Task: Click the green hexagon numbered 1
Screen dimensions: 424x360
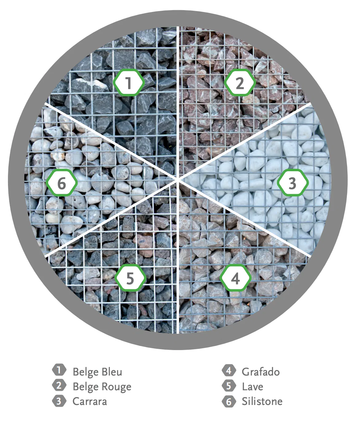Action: [129, 83]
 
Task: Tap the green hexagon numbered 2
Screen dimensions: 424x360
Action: [240, 83]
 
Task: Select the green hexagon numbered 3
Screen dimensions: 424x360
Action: [292, 183]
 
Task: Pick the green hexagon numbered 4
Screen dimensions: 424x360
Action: [235, 278]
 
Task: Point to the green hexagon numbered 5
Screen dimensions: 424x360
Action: [130, 278]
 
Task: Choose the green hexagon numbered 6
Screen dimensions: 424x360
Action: [62, 183]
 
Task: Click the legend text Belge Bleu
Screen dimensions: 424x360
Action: [97, 372]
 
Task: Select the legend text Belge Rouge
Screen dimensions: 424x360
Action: [102, 387]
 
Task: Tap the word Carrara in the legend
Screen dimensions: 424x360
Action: [90, 401]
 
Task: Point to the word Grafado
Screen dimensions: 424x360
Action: [261, 372]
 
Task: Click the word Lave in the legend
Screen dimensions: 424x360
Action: [252, 387]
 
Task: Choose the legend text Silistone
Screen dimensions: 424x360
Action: [262, 401]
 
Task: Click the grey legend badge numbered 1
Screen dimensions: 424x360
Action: [59, 370]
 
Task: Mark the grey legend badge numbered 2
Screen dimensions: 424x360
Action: [59, 385]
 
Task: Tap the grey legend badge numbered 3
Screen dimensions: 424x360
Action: [59, 401]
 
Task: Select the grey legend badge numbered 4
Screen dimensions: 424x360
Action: [229, 370]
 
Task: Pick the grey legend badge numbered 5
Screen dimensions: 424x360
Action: [229, 386]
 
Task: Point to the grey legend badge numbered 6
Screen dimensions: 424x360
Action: [229, 401]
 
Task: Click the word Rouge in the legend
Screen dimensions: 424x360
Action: [117, 387]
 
